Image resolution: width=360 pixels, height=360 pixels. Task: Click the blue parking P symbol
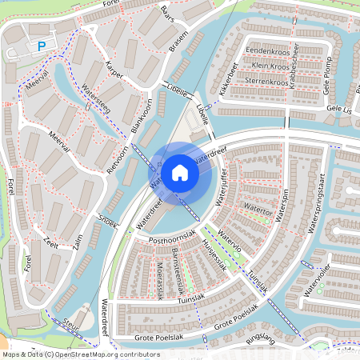pyautogui.click(x=41, y=47)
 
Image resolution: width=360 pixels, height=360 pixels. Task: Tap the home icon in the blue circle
pyautogui.click(x=180, y=172)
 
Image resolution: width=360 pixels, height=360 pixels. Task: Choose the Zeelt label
pyautogui.click(x=52, y=243)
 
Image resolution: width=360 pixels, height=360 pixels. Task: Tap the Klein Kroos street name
pyautogui.click(x=270, y=65)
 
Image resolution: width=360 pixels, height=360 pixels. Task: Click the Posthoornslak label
pyautogui.click(x=166, y=240)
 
